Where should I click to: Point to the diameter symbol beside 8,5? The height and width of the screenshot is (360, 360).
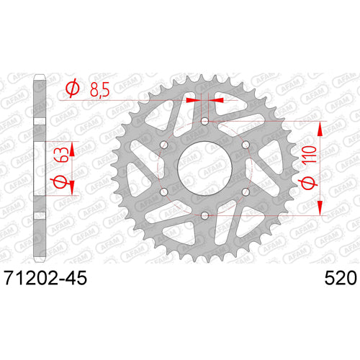coord(73,89)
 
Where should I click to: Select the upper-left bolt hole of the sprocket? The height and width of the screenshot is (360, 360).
coord(163,145)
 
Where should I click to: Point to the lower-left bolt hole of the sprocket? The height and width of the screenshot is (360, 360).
coord(163,192)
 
